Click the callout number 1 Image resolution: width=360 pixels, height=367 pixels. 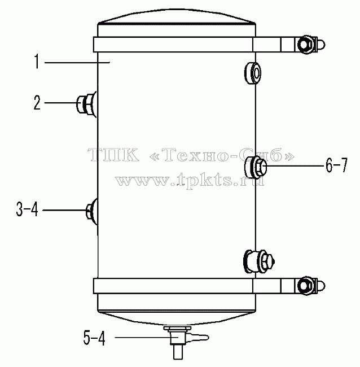[x=37, y=62]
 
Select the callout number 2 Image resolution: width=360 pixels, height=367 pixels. [x=37, y=103]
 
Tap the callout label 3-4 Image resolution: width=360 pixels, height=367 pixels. [x=27, y=209]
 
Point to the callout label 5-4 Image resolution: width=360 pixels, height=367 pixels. [x=94, y=338]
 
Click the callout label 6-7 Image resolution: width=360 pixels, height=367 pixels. [x=337, y=165]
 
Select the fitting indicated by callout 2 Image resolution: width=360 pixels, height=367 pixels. [x=86, y=104]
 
